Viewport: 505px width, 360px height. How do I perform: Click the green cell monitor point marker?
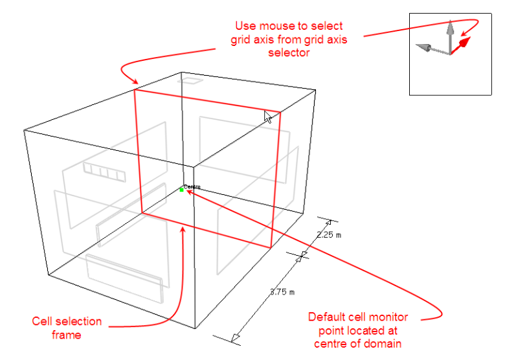182,190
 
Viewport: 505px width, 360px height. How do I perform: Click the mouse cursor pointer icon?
268,117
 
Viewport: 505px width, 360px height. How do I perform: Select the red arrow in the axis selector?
460,46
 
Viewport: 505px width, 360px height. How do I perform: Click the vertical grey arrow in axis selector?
450,36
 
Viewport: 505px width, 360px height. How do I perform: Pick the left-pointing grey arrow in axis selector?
432,49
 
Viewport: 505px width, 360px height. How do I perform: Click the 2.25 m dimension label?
328,235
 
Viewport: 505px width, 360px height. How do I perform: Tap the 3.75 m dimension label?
282,292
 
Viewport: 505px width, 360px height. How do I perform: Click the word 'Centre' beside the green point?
192,186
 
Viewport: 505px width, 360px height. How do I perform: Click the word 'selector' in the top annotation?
289,52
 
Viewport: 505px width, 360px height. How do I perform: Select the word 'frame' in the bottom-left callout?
66,335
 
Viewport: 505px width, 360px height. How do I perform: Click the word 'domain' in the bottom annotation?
381,344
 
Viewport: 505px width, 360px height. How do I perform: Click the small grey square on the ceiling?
190,80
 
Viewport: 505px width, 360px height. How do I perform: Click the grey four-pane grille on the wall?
104,172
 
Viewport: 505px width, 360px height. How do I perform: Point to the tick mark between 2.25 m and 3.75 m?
302,256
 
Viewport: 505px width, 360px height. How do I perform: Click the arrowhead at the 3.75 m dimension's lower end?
236,338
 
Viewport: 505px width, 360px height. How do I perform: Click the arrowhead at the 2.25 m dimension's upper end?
328,222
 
